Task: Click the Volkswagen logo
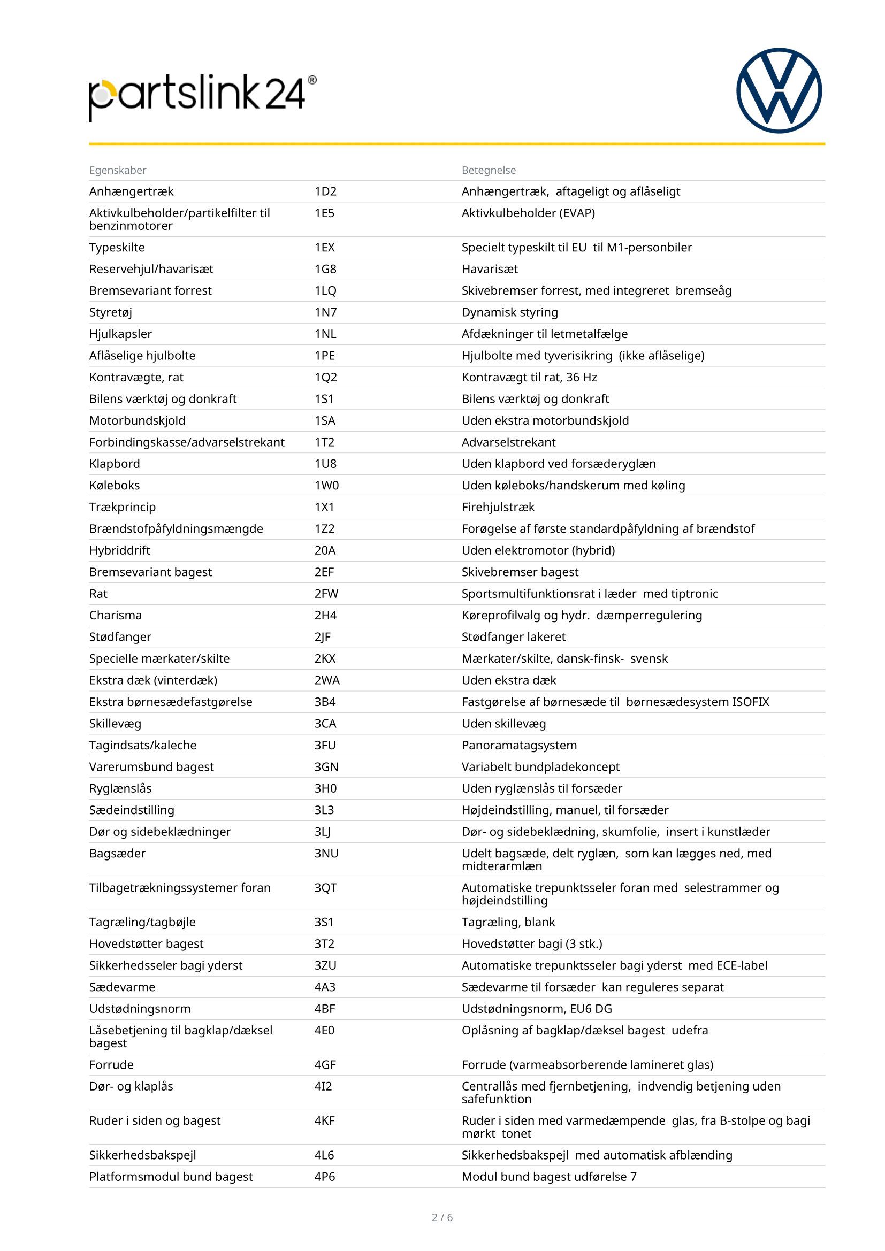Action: (779, 90)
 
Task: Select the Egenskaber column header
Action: (118, 170)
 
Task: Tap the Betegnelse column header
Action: (489, 170)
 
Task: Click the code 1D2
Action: (325, 191)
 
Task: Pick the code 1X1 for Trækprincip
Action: (324, 506)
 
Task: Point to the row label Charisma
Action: (116, 615)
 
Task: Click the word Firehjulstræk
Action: (498, 506)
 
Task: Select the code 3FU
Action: (325, 745)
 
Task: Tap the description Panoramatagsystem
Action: (519, 745)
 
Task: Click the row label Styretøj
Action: (111, 312)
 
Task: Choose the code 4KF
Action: (324, 1120)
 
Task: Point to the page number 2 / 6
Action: (442, 1217)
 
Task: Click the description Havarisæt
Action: (490, 268)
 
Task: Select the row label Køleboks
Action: (115, 485)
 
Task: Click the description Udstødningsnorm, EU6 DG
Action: (536, 1009)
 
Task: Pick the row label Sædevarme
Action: (122, 987)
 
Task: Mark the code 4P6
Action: (324, 1176)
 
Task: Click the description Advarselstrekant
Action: (508, 442)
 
